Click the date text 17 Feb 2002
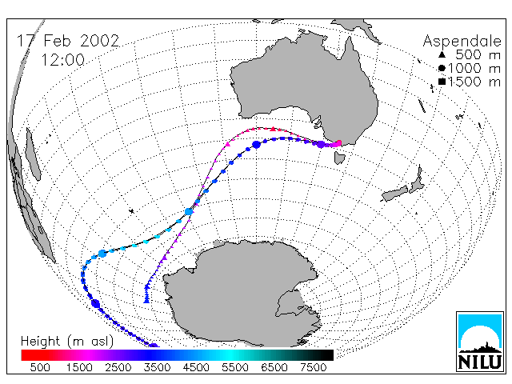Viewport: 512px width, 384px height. tap(68, 41)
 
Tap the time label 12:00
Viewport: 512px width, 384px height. tap(62, 60)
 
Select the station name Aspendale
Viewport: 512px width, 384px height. tap(462, 42)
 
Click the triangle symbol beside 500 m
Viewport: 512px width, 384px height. tap(442, 54)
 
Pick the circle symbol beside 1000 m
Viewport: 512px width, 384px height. tap(442, 68)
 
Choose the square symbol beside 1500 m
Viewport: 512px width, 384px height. tap(442, 82)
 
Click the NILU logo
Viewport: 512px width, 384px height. tap(480, 342)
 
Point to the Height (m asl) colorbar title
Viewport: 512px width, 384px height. tap(67, 342)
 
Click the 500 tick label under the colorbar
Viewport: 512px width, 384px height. tap(40, 368)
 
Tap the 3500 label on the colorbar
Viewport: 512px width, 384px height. tap(157, 368)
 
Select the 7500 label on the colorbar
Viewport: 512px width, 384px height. tap(313, 368)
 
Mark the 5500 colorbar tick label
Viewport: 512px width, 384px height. tap(235, 368)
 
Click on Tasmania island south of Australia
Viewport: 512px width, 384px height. tap(339, 157)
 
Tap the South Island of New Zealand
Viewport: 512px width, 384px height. tap(394, 194)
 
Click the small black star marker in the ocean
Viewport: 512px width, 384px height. tap(131, 211)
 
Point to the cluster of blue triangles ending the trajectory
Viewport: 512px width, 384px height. tap(146, 294)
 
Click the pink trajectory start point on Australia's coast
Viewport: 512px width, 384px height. tap(338, 143)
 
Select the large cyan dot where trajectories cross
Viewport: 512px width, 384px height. tap(189, 211)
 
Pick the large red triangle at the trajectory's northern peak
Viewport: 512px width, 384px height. tap(273, 129)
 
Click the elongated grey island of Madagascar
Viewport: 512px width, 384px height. tap(34, 154)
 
